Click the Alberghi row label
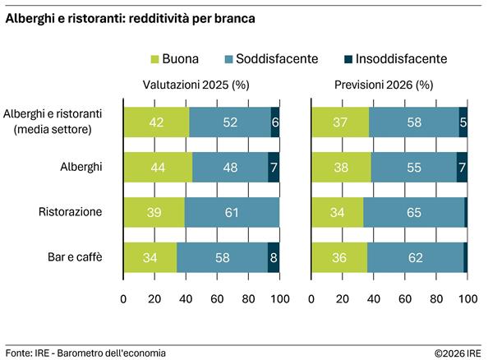pyautogui.click(x=81, y=166)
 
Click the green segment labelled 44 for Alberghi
pyautogui.click(x=158, y=167)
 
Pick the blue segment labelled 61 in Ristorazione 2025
pyautogui.click(x=232, y=212)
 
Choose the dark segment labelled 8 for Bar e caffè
pyautogui.click(x=274, y=257)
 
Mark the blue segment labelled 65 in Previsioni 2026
pyautogui.click(x=413, y=212)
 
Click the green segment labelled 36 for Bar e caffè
pyautogui.click(x=338, y=257)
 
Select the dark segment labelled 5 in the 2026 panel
pyautogui.click(x=463, y=122)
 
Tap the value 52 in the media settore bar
pyautogui.click(x=230, y=122)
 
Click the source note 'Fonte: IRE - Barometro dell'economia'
pyautogui.click(x=85, y=353)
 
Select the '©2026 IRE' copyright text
pyautogui.click(x=458, y=353)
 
